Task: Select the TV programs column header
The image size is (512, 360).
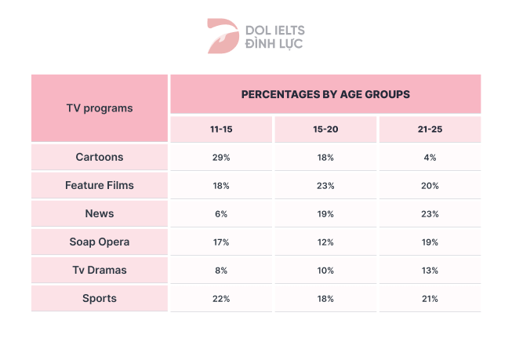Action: pos(100,108)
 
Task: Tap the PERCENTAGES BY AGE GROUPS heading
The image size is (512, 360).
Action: pos(325,94)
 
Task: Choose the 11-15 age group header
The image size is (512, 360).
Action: pos(221,129)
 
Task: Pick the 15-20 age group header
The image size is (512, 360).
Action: pos(325,129)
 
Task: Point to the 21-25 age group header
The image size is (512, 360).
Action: pos(429,129)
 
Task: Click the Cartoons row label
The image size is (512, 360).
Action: pos(100,157)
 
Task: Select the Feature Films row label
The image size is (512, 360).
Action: pos(100,185)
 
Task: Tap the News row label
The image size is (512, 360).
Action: pos(100,213)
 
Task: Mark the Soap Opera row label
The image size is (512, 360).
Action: pos(100,242)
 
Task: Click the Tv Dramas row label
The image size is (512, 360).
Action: pos(100,270)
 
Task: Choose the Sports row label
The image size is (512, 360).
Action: pos(100,298)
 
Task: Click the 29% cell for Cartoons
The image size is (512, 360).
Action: pos(221,158)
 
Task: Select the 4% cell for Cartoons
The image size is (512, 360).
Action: pos(429,158)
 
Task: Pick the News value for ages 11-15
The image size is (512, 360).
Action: pos(221,214)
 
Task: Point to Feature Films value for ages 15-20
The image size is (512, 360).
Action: pos(325,186)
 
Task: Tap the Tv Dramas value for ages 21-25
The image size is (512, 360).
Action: pos(429,271)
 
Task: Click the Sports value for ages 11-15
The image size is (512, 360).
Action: pos(221,299)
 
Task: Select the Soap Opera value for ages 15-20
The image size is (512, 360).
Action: pos(325,242)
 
